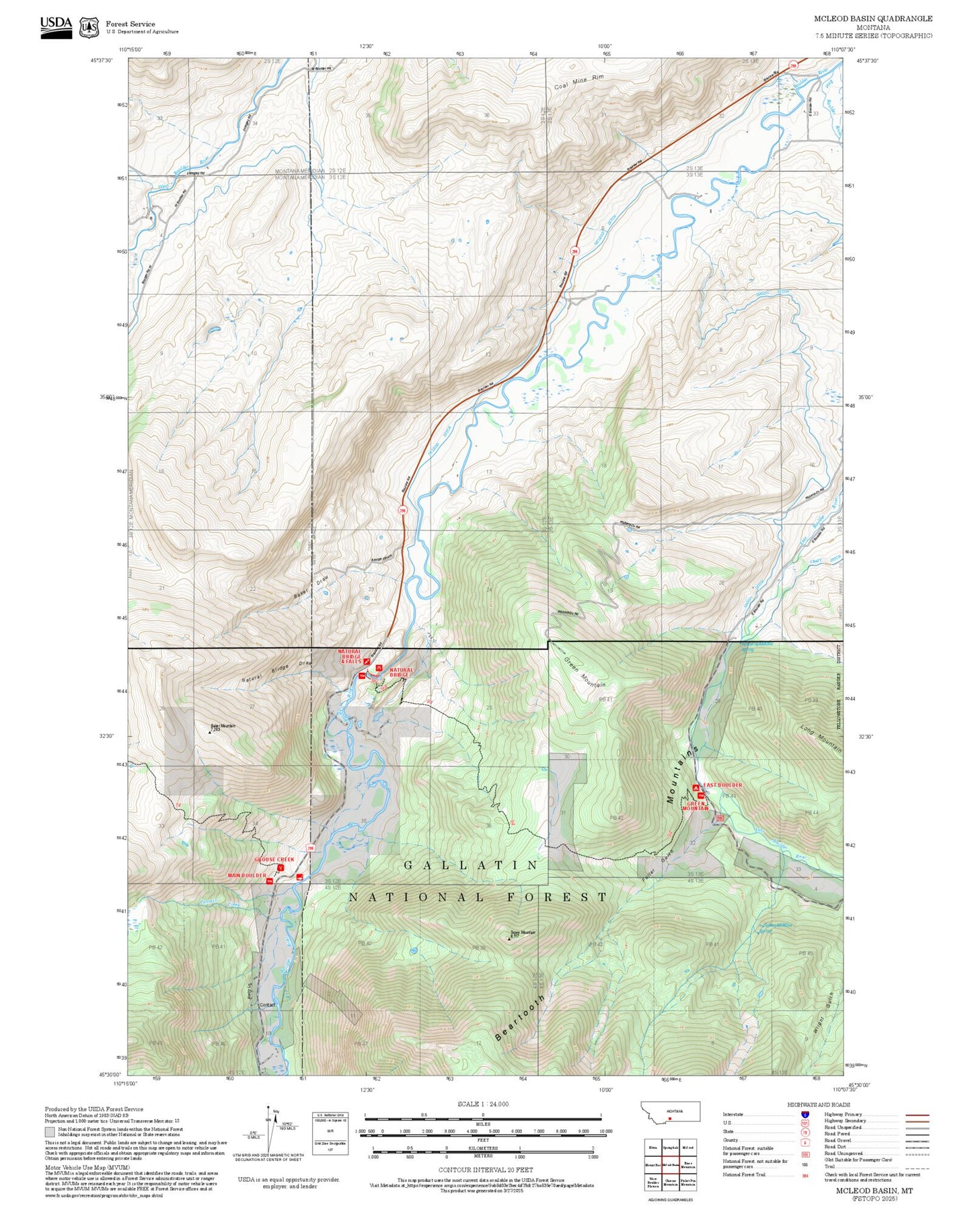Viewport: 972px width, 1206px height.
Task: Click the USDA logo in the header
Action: tap(56, 26)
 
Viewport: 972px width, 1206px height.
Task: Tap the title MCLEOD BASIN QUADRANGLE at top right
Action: tap(872, 19)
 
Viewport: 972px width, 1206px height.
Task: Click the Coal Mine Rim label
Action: tap(579, 82)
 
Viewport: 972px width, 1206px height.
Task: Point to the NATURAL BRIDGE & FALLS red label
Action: tap(350, 656)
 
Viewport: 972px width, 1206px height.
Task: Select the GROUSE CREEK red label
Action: tap(274, 859)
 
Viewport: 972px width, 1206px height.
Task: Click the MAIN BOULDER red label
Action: tap(247, 875)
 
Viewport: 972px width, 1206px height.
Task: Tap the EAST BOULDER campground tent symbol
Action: tap(696, 787)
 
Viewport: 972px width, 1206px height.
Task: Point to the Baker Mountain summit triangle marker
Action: tap(210, 731)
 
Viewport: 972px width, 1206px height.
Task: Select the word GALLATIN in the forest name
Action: tap(471, 865)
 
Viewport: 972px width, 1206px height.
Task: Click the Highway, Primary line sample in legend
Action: tap(918, 1115)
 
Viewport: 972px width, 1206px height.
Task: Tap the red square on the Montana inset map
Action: tap(670, 1119)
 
